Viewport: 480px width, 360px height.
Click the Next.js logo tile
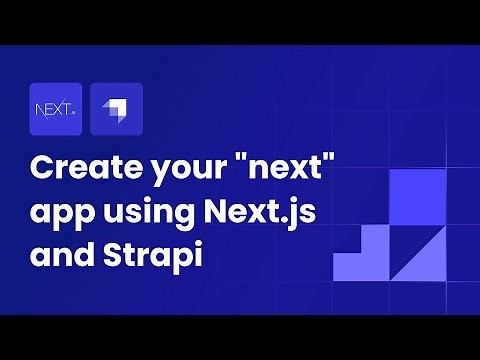click(56, 109)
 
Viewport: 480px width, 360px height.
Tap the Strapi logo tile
click(116, 109)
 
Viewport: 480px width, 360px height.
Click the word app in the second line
click(59, 211)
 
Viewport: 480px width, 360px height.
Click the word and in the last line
click(59, 252)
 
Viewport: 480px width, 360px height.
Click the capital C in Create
click(42, 167)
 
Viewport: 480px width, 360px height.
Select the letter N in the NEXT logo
click(41, 109)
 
